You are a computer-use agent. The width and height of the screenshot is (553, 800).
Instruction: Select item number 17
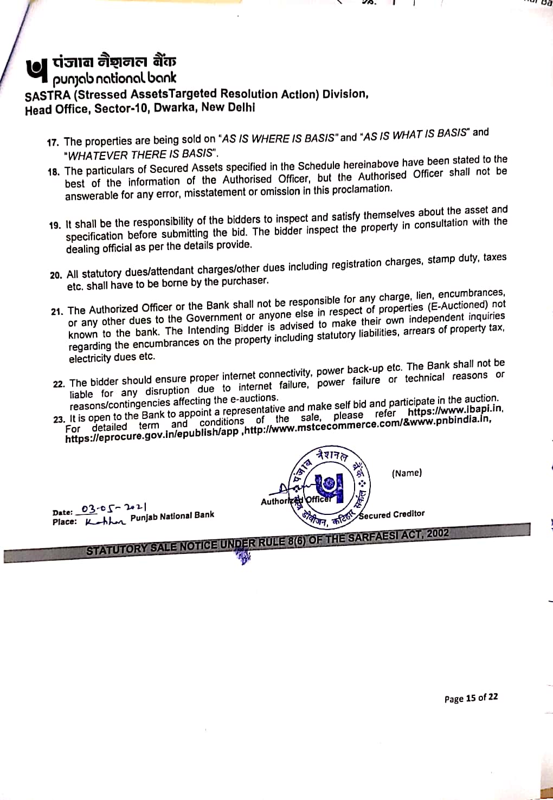click(53, 143)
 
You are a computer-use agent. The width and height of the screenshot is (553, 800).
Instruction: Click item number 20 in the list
click(56, 275)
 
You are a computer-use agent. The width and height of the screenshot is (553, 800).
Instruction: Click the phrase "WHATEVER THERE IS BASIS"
click(140, 154)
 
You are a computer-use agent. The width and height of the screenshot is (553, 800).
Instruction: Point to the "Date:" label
click(62, 512)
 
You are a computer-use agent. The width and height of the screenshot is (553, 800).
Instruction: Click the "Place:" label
click(65, 522)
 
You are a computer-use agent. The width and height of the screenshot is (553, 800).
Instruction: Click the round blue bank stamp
click(328, 486)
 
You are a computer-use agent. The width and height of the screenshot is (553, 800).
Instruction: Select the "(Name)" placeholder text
click(407, 473)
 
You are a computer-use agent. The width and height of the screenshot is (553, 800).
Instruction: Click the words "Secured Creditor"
click(392, 514)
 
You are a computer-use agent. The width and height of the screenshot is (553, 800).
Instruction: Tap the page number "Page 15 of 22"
click(471, 698)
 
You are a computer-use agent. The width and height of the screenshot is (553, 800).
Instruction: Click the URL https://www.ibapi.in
click(455, 410)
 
